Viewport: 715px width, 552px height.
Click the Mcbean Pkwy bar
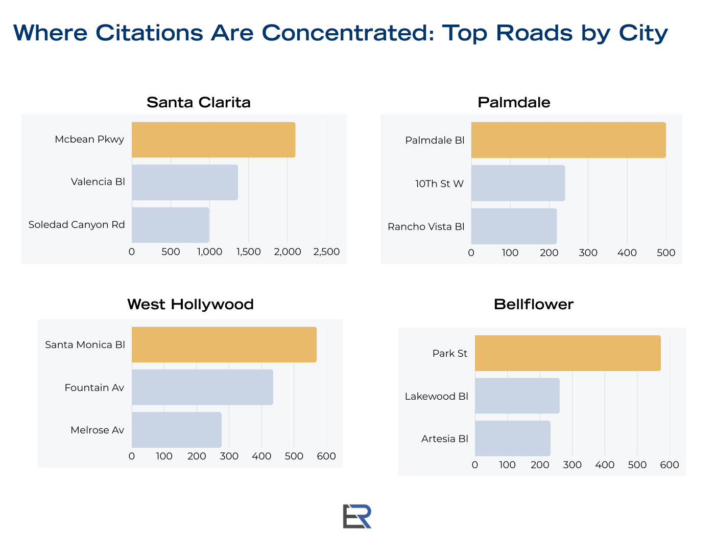213,140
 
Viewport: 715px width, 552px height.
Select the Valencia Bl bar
185,182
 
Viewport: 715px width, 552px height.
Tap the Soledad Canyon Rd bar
170,225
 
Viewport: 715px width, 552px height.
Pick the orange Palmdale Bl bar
568,140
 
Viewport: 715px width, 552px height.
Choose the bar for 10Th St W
518,183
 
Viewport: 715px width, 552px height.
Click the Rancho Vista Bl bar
514,226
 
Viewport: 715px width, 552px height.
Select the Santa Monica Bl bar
224,344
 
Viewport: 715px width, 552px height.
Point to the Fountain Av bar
202,387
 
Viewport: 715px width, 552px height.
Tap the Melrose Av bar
177,430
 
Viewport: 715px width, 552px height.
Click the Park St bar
567,353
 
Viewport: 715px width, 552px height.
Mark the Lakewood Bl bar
517,396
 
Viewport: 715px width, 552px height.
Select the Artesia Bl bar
513,439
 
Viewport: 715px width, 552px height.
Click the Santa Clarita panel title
199,102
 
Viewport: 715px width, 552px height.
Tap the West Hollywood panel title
190,304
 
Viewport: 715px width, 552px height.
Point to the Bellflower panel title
534,304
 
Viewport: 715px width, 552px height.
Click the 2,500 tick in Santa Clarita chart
326,252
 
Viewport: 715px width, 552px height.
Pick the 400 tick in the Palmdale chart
627,252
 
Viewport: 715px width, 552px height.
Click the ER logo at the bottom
357,516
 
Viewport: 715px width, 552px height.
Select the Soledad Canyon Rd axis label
77,225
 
